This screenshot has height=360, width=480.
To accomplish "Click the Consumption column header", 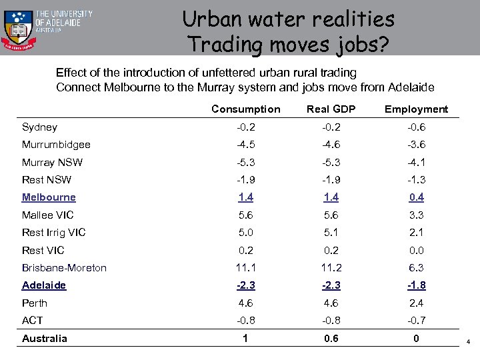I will (246, 109).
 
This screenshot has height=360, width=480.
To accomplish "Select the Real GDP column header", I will (331, 109).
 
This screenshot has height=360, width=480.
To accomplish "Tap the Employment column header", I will (417, 109).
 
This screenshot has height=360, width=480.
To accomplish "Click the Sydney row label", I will (39, 127).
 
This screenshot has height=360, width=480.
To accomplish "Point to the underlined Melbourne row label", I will (49, 197).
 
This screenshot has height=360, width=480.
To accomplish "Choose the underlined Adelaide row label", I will (44, 285).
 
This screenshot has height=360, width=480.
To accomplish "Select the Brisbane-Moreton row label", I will (64, 268).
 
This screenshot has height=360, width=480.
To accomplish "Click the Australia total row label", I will (45, 339).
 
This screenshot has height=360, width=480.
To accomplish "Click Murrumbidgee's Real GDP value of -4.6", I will (331, 145).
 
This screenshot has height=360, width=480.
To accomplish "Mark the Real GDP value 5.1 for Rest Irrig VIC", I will (331, 233).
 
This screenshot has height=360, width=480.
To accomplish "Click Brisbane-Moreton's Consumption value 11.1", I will (246, 268).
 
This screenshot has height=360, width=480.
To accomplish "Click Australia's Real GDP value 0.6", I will (331, 339).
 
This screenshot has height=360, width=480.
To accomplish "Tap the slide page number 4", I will (468, 342).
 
